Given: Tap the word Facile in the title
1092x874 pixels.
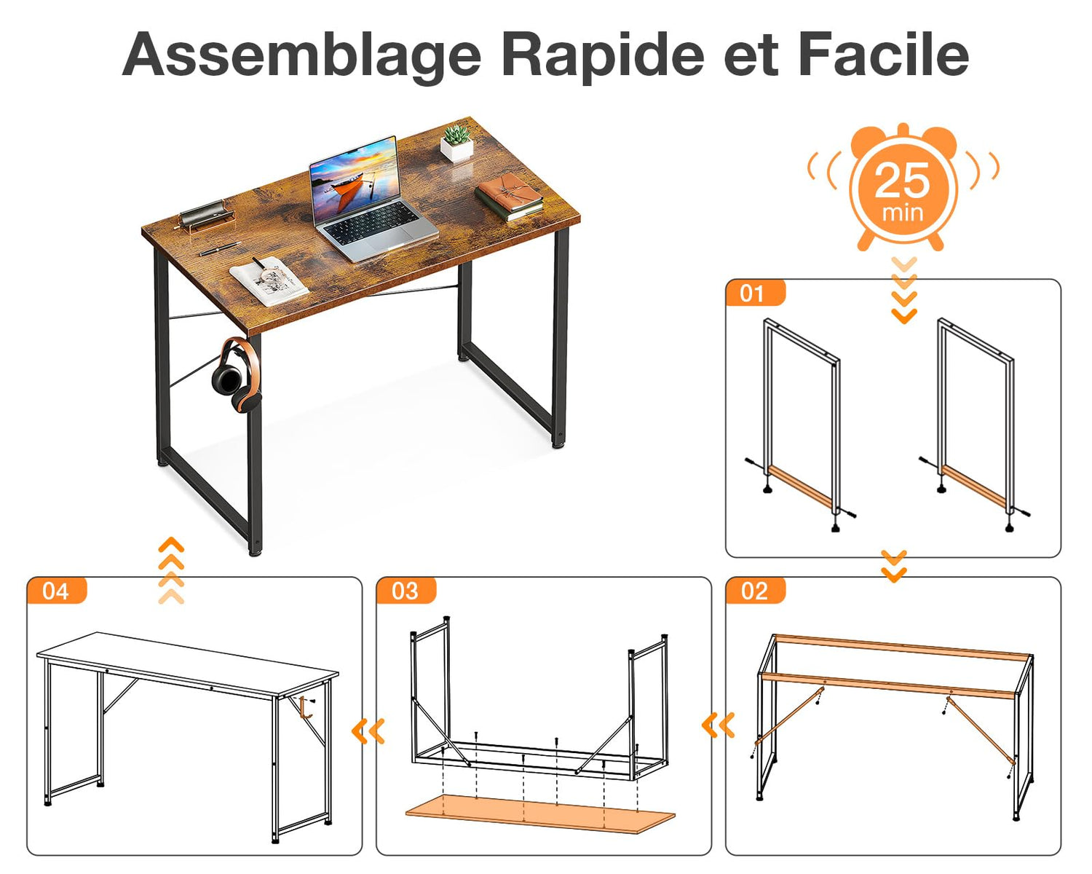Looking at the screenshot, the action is tap(883, 53).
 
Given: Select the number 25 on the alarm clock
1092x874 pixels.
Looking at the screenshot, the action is tap(902, 181).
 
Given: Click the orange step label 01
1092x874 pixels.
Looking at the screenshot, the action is tap(754, 294).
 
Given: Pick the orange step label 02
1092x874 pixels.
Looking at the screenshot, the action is tap(754, 591).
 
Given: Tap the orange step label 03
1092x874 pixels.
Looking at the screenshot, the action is tap(405, 591).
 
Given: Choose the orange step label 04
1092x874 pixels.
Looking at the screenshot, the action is tap(56, 591).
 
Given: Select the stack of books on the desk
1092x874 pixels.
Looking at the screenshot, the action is tap(510, 196).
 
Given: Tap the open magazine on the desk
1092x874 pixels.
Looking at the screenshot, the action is tap(269, 281).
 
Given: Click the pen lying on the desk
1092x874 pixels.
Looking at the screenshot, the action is tap(220, 248).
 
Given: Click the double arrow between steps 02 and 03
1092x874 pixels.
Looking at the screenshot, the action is tap(718, 725).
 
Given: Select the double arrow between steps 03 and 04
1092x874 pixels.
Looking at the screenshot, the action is tap(368, 731).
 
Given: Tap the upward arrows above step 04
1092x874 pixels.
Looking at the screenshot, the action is tap(171, 570).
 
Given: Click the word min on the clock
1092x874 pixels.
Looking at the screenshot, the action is tap(902, 213).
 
